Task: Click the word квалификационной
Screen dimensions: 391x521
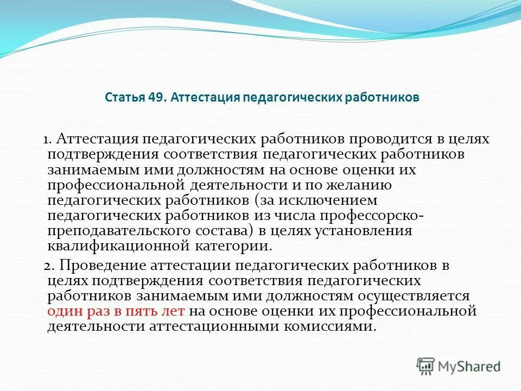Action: point(115,246)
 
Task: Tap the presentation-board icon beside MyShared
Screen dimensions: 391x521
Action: point(425,366)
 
